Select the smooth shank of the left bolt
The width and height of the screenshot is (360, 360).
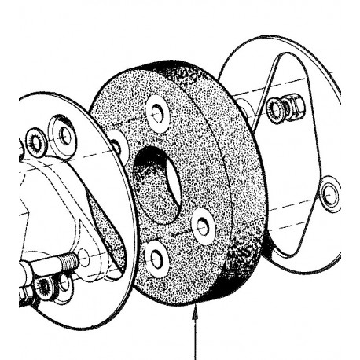43,264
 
